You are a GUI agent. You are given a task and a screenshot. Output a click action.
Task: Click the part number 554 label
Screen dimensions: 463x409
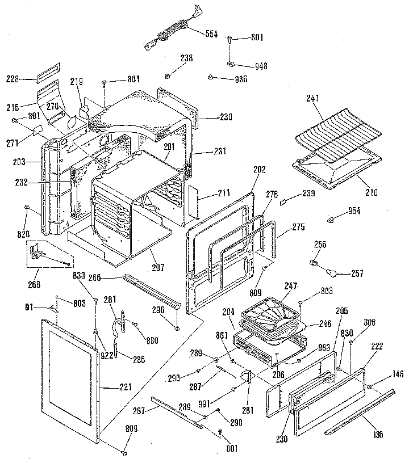pos(211,33)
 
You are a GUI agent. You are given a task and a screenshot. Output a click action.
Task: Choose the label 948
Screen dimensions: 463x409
pos(261,66)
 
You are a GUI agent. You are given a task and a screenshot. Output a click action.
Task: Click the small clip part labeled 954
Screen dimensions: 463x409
pos(332,218)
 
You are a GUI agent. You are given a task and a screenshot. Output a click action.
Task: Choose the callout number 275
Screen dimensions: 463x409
pos(298,228)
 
